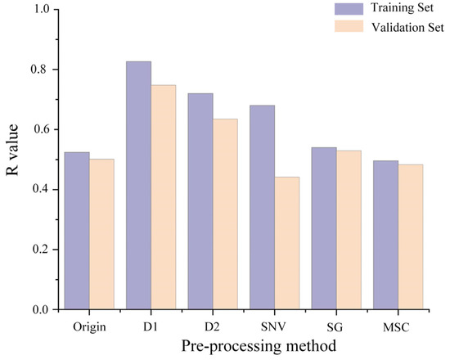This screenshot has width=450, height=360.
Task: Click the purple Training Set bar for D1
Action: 138,185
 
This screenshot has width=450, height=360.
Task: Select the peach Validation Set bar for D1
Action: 164,197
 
